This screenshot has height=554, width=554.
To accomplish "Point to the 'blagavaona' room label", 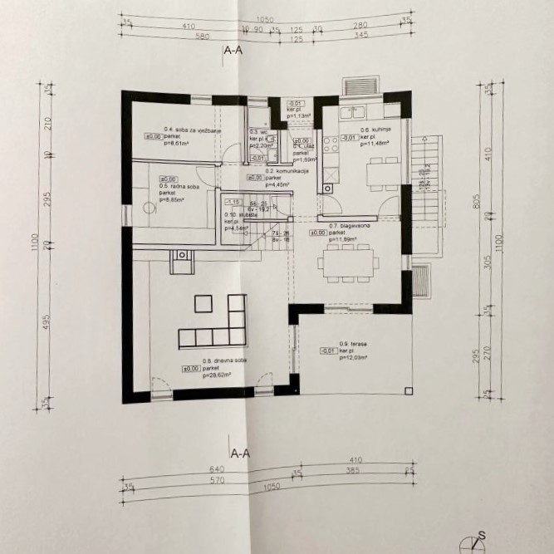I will (343, 226).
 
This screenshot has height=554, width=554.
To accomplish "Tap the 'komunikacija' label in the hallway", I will (287, 170).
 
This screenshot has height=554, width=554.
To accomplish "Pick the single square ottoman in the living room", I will (201, 302).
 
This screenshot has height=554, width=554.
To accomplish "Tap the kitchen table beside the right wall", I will (382, 170).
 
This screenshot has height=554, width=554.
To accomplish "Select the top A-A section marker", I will (233, 51).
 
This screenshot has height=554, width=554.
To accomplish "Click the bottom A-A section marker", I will (241, 453).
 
